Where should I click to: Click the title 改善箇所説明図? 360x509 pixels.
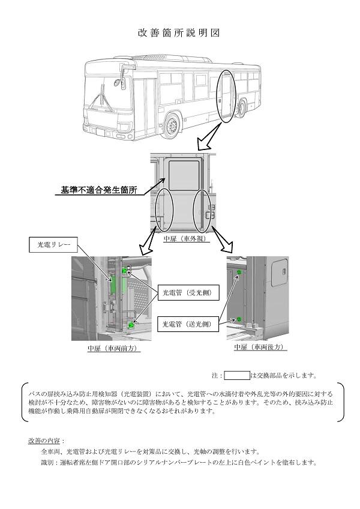point(179,32)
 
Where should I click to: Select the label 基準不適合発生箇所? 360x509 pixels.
point(98,190)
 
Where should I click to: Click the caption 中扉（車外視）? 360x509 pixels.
point(185,238)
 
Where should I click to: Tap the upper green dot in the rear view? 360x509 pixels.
point(239,273)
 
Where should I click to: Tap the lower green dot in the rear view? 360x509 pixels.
point(239,318)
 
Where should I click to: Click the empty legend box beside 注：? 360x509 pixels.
point(236,376)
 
